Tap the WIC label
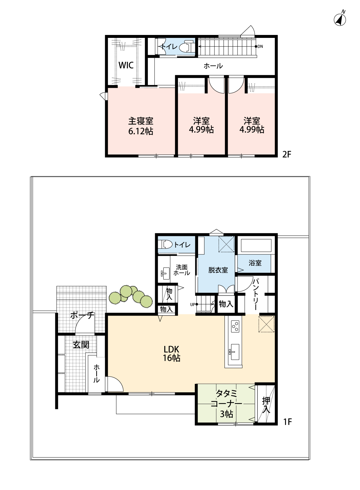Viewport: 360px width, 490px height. click(126, 65)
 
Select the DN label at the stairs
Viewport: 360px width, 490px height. click(260, 46)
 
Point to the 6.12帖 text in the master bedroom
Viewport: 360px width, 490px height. click(140, 131)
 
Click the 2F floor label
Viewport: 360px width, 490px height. click(287, 155)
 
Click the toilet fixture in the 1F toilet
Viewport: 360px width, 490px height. click(166, 245)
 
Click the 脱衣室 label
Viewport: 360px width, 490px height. click(218, 270)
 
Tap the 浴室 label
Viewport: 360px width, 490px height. click(255, 263)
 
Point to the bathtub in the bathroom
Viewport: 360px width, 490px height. click(256, 245)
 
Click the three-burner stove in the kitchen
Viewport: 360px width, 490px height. click(235, 326)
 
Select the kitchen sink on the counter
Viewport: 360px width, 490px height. click(234, 352)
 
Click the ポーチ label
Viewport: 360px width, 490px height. click(82, 316)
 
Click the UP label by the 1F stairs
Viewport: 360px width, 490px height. click(192, 304)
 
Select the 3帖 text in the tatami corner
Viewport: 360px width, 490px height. click(226, 414)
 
